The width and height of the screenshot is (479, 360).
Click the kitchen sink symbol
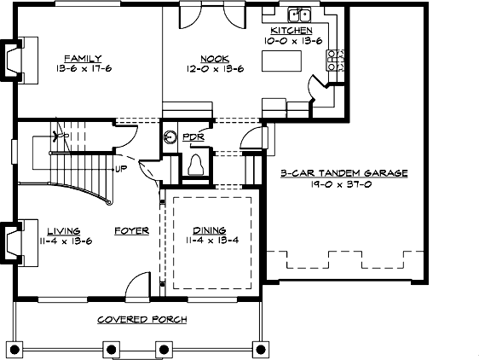click(x=299, y=15)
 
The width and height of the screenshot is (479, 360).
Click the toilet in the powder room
click(x=195, y=163)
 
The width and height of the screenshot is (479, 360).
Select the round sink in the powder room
click(x=170, y=136)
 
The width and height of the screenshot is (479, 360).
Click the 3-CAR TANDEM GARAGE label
click(x=344, y=172)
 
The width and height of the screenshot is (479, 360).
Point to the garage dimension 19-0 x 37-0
click(x=344, y=183)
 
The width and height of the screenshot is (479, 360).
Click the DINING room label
click(x=209, y=230)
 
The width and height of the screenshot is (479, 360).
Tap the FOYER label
click(x=132, y=230)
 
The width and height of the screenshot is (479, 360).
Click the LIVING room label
click(x=64, y=230)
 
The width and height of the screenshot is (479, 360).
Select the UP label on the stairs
click(x=122, y=169)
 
